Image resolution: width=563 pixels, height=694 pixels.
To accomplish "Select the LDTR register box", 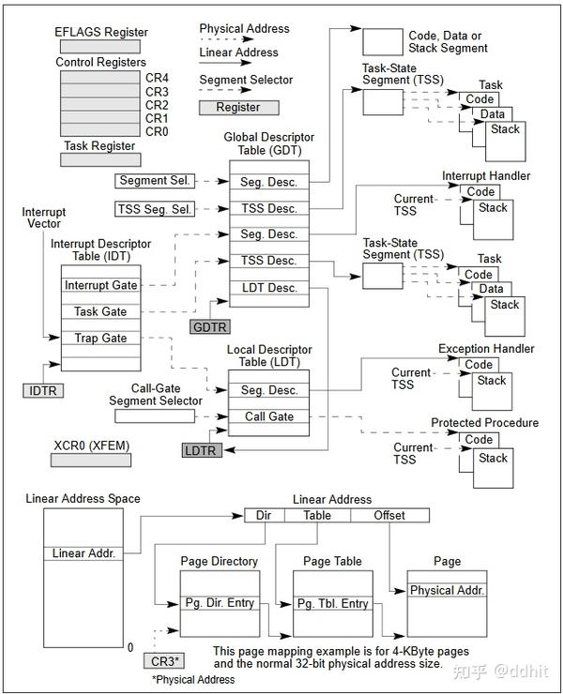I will [x=200, y=451].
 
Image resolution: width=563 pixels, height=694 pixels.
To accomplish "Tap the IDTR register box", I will [x=44, y=389].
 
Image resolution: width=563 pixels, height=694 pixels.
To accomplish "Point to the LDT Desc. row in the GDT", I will [x=268, y=288].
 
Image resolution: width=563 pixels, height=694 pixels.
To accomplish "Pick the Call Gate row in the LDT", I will [x=268, y=416].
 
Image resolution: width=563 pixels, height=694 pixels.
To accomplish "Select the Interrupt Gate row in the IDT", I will [x=100, y=285].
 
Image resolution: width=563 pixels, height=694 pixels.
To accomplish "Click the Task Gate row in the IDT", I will [x=100, y=311].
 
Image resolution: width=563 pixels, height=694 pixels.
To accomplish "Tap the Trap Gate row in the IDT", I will [x=100, y=338].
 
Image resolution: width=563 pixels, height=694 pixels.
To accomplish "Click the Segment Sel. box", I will [x=154, y=180].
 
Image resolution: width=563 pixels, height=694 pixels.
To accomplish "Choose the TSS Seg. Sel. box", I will [x=154, y=208].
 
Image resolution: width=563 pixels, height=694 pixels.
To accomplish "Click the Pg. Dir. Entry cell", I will [x=219, y=603].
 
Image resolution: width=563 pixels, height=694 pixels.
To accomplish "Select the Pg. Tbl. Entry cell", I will [x=333, y=603].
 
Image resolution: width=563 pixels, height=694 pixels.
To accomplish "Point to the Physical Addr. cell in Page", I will [x=447, y=591].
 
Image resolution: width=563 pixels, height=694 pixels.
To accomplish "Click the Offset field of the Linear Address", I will [x=389, y=515].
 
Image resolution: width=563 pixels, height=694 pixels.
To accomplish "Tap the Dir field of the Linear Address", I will [x=265, y=515].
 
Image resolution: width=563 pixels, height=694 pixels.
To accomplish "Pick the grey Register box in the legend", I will [x=238, y=108].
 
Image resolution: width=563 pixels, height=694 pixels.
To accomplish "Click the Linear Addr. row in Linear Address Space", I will [x=84, y=553].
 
